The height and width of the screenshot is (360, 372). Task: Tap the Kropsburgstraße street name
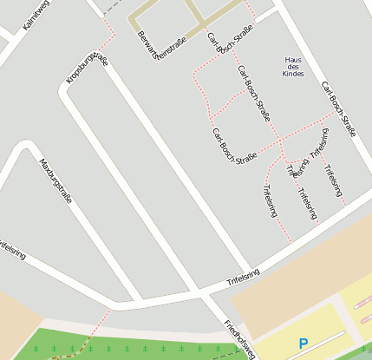click(x=87, y=69)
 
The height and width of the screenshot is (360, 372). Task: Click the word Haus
click(x=295, y=59)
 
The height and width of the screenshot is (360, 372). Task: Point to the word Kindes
click(x=295, y=75)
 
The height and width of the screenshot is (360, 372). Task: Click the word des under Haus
click(x=295, y=68)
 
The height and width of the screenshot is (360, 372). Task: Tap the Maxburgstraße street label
click(x=55, y=180)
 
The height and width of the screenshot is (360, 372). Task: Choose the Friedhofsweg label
click(x=239, y=340)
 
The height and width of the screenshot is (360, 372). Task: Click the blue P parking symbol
click(x=303, y=344)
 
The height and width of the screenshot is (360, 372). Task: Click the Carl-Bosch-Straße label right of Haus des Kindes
click(x=338, y=109)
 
